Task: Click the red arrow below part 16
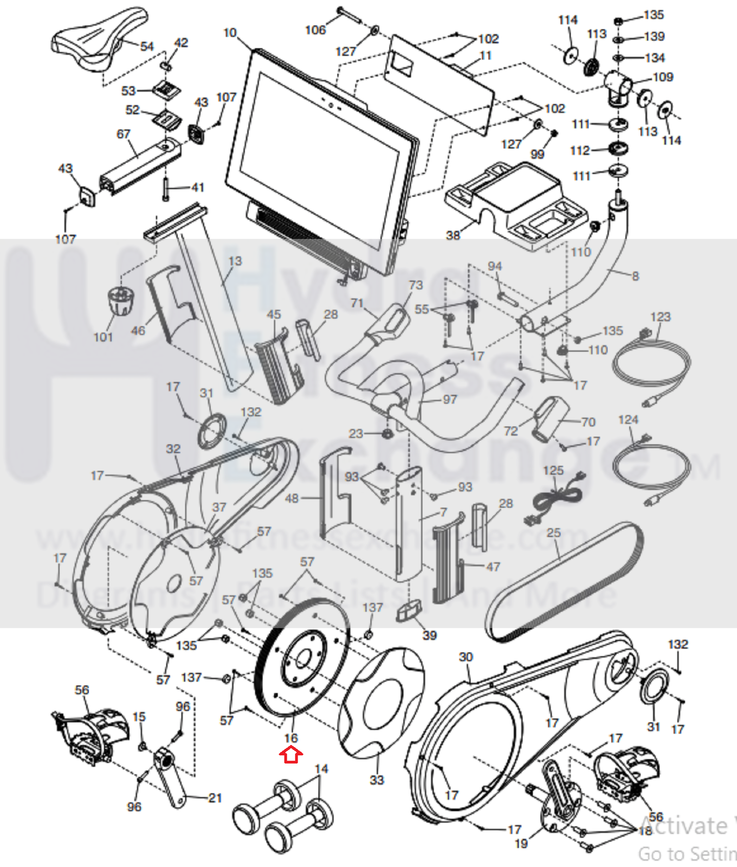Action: pyautogui.click(x=291, y=755)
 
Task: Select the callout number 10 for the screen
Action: pyautogui.click(x=230, y=33)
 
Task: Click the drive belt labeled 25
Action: pyautogui.click(x=564, y=580)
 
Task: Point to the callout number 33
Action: pyautogui.click(x=377, y=780)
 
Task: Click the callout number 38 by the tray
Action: pyautogui.click(x=453, y=235)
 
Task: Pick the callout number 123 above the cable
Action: pyautogui.click(x=660, y=317)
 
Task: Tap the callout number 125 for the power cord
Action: pyautogui.click(x=553, y=470)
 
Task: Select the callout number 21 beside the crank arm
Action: pyautogui.click(x=215, y=798)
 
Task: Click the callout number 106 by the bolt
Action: pyautogui.click(x=315, y=30)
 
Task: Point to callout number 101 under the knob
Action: pyautogui.click(x=103, y=337)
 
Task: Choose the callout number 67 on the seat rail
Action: pyautogui.click(x=124, y=134)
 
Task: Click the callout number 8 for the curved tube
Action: pyautogui.click(x=635, y=276)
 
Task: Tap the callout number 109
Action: pyautogui.click(x=663, y=77)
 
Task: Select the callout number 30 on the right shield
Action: pyautogui.click(x=466, y=657)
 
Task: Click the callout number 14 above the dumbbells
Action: pyautogui.click(x=321, y=768)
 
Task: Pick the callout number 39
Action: pyautogui.click(x=429, y=635)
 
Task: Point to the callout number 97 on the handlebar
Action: pyautogui.click(x=450, y=400)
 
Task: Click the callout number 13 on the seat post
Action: pyautogui.click(x=235, y=261)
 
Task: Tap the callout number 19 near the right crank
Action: pyautogui.click(x=521, y=843)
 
